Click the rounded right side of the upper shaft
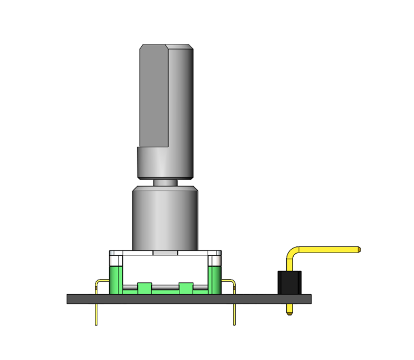181,96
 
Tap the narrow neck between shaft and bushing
165,183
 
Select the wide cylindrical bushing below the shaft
165,219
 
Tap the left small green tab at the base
144,288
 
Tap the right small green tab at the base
186,288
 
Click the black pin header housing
289,282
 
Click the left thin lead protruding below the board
96,314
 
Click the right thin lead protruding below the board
235,314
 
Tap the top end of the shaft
166,46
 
